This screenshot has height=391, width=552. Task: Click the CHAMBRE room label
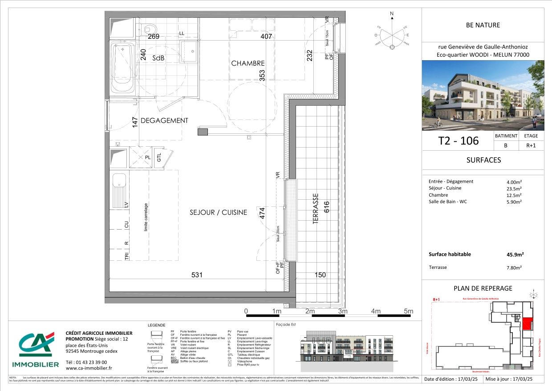(x=248, y=63)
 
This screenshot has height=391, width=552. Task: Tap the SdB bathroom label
(x=158, y=58)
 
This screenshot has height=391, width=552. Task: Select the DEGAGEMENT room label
(x=164, y=120)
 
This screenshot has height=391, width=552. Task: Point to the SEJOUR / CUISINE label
(x=218, y=213)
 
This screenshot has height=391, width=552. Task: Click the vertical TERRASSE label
(x=316, y=208)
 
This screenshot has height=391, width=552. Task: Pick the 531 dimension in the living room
(x=197, y=275)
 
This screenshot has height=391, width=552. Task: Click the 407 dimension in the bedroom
(x=266, y=37)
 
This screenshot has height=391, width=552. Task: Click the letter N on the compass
(x=392, y=14)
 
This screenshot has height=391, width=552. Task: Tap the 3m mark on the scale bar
(x=342, y=311)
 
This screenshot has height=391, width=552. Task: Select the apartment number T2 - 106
(x=458, y=141)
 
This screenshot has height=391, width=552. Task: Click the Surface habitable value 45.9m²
(x=515, y=255)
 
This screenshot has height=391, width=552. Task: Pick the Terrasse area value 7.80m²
(x=515, y=268)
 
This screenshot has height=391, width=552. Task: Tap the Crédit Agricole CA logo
(x=36, y=345)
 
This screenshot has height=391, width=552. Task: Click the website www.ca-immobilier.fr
(x=89, y=368)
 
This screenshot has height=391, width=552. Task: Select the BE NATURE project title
(x=483, y=25)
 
